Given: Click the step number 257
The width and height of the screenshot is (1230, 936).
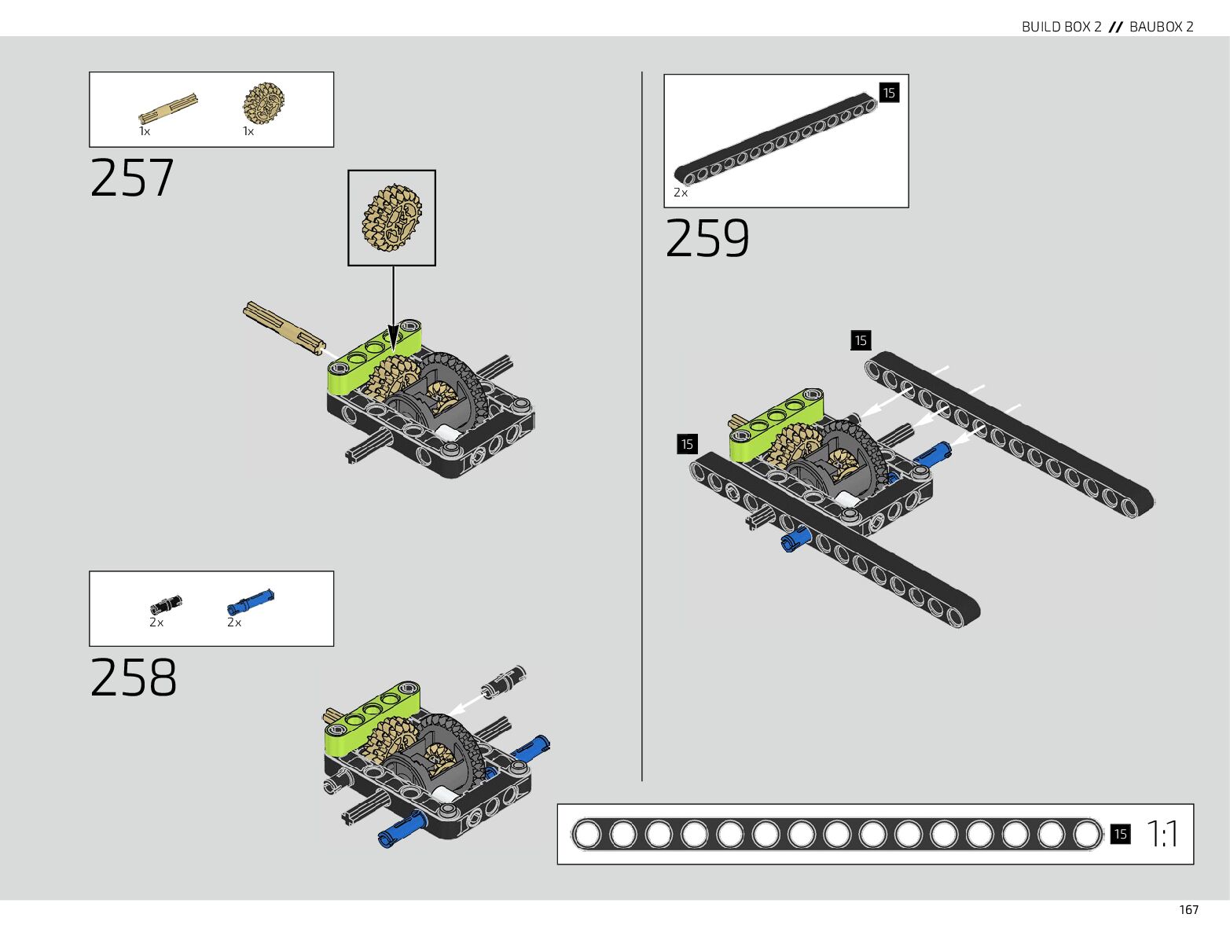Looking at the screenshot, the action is tap(132, 178).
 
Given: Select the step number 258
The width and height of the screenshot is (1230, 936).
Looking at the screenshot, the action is tap(134, 677).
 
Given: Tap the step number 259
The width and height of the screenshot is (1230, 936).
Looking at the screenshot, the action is tap(707, 238).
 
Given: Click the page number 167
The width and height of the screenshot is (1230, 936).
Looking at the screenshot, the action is tap(1188, 910).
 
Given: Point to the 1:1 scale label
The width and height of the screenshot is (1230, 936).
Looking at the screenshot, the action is tap(1162, 834).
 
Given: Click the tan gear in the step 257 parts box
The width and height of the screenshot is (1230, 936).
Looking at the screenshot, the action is tap(263, 103).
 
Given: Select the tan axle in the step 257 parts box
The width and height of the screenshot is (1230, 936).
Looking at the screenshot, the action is tap(168, 108).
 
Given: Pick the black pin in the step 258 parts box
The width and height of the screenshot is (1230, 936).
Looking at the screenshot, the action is tap(166, 604).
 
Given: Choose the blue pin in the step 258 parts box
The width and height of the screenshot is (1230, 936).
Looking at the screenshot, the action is tap(251, 602).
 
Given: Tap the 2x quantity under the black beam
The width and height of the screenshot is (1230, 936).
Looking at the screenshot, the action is tap(681, 193).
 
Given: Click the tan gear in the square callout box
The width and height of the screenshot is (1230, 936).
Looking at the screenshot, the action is tap(392, 218).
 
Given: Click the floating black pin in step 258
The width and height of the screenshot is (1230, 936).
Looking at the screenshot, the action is tap(505, 681).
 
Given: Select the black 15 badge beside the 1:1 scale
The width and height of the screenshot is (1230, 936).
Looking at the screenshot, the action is tap(1120, 834).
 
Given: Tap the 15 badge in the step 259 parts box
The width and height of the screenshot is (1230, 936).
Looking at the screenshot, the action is tap(889, 93).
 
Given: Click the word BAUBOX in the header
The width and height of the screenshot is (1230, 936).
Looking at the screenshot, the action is tap(1155, 27).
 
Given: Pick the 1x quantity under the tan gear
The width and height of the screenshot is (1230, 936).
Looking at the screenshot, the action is tap(248, 131).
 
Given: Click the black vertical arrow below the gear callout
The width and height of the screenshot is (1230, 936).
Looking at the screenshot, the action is tap(393, 306).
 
